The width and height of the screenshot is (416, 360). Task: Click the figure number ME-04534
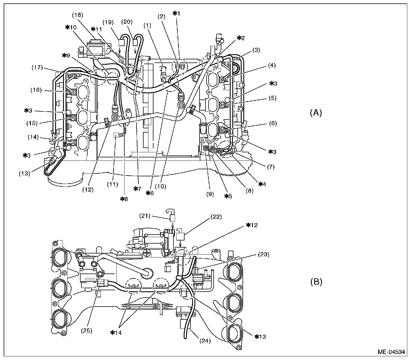(391, 352)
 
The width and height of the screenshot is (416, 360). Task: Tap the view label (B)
(316, 282)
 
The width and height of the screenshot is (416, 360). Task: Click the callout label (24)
(205, 341)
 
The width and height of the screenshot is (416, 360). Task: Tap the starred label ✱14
(116, 333)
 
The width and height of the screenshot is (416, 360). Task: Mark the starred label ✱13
(261, 336)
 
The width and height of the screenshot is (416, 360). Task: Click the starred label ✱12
(252, 225)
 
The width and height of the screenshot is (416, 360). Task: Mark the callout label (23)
(263, 254)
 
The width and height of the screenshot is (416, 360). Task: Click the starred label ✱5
(228, 196)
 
